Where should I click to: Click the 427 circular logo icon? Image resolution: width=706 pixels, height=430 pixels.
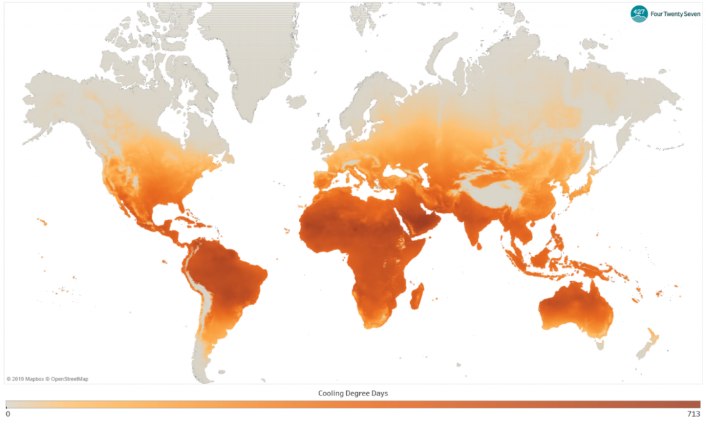tap(639, 13)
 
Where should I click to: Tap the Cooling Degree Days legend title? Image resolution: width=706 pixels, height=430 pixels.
tap(353, 393)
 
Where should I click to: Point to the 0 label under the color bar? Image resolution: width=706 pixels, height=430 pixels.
tap(8, 414)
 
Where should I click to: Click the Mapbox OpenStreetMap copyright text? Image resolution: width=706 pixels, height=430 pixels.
tap(48, 378)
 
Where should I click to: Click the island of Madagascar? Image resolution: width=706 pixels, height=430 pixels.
tap(417, 298)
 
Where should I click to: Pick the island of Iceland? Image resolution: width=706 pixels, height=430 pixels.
tap(296, 102)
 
